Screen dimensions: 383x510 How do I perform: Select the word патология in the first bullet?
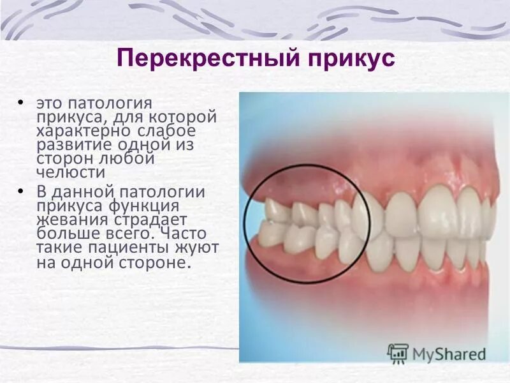click(111, 103)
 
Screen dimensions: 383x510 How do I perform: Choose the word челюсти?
click(70, 172)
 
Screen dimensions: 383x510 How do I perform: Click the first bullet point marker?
click(22, 103)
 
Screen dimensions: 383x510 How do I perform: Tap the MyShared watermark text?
click(449, 353)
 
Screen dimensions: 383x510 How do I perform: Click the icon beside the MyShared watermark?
click(398, 352)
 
